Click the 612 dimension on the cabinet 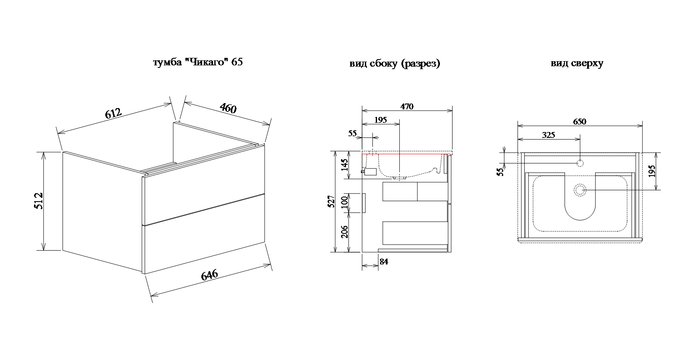(x=113, y=114)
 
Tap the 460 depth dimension (x=228, y=108)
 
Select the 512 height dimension (x=39, y=201)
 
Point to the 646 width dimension (x=209, y=275)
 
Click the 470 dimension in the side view (x=407, y=106)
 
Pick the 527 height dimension (x=331, y=201)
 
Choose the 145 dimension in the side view (x=345, y=165)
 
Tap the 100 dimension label (x=345, y=202)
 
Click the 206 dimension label (x=345, y=232)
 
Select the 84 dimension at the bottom (x=384, y=262)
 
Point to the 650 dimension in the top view (x=580, y=122)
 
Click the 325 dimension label (x=548, y=135)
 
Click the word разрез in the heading (x=421, y=64)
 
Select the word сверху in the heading (x=587, y=64)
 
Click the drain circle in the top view (x=580, y=190)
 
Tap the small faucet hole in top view (x=580, y=163)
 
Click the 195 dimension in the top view (x=652, y=171)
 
